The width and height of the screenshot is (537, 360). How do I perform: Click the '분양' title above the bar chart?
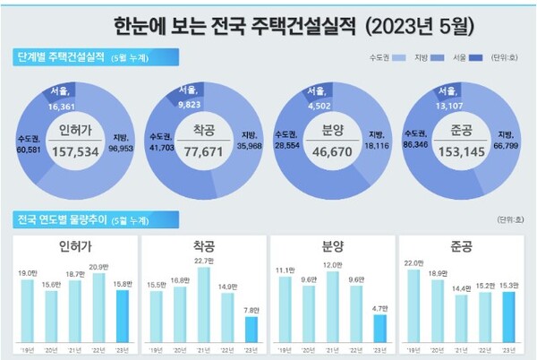(x=332, y=244)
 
